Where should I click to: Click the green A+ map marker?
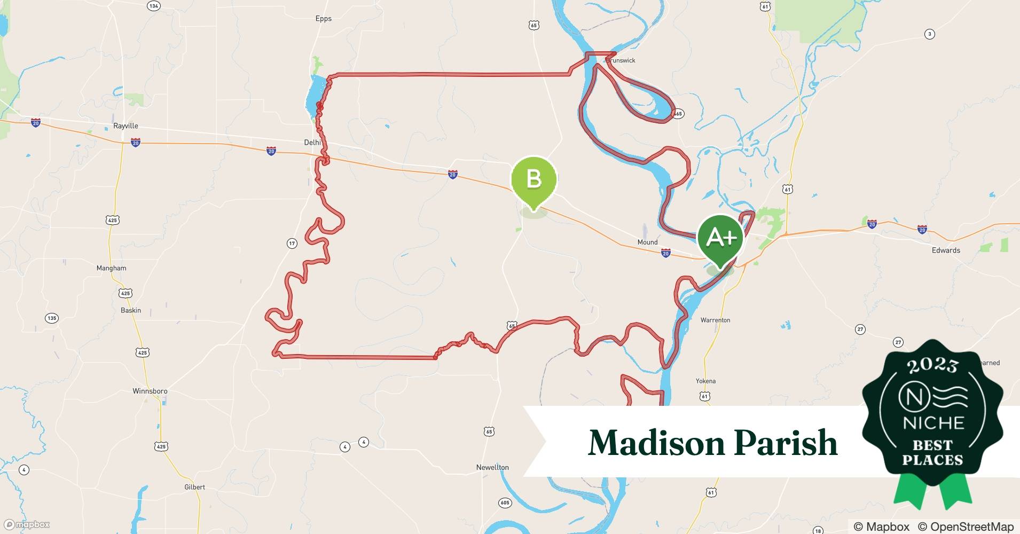point(720,238)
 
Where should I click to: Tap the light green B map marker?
point(533,179)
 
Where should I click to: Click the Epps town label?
point(324,19)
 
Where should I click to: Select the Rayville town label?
point(125,126)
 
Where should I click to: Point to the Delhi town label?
point(312,143)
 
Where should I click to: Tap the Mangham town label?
point(111,268)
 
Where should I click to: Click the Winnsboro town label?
point(150,391)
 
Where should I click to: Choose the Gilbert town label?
point(194,487)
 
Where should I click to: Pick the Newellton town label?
point(492,467)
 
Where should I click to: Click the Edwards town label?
point(946,250)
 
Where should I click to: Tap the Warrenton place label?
point(715,320)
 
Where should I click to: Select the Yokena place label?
point(705,381)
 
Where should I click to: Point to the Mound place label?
point(647,242)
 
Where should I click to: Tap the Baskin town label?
point(131,310)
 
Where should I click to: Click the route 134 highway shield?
point(154,6)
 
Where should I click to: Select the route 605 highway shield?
point(505,502)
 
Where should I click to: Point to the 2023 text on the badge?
point(932,365)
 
